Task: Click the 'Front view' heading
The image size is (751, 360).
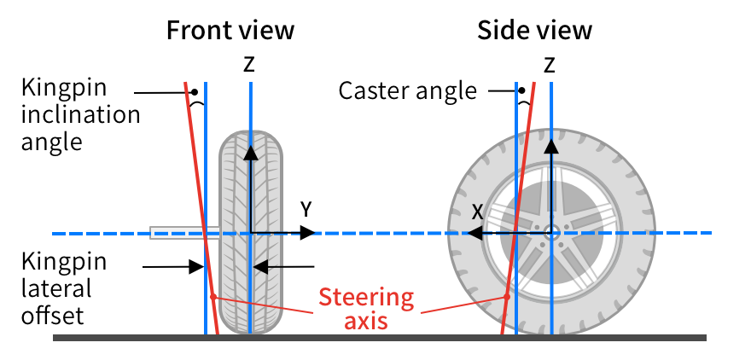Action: click(230, 30)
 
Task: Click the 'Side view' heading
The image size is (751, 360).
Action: click(534, 30)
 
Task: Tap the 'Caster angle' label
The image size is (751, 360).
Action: click(408, 91)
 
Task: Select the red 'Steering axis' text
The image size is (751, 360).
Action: click(366, 308)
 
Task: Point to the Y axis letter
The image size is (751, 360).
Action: click(306, 210)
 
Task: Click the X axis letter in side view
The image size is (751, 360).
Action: click(477, 212)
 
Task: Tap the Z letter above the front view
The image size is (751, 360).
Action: click(248, 65)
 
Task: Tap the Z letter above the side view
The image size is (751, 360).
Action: click(549, 65)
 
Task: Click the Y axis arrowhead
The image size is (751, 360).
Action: click(307, 233)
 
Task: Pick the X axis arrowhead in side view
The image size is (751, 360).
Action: click(474, 233)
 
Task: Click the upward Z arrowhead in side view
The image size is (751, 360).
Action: click(552, 147)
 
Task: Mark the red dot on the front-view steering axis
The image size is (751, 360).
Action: click(213, 297)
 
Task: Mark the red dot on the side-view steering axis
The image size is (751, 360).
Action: click(507, 297)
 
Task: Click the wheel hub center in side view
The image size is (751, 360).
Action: click(552, 233)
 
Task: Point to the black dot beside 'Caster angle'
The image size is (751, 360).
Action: click(521, 90)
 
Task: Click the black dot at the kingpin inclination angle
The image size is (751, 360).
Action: click(194, 92)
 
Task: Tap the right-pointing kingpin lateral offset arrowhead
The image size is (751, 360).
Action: click(196, 267)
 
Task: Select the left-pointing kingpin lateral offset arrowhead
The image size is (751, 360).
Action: click(259, 267)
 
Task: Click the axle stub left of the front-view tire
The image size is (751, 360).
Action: click(185, 233)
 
